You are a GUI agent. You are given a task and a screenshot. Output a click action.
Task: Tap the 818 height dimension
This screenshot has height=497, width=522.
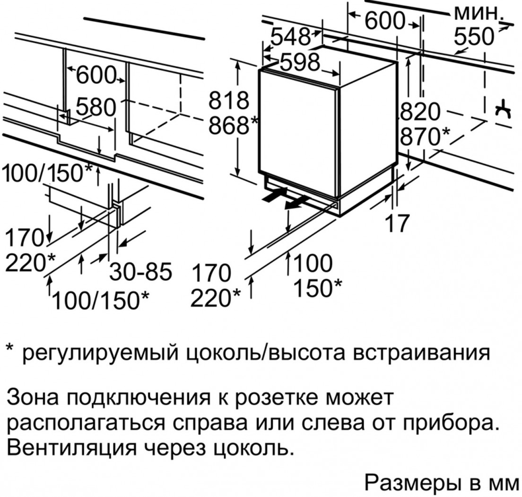pyautogui.click(x=229, y=101)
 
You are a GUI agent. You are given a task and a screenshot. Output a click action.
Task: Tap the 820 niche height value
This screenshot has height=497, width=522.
pyautogui.click(x=420, y=113)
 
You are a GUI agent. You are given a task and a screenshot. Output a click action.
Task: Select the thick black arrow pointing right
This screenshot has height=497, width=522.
pyautogui.click(x=274, y=194)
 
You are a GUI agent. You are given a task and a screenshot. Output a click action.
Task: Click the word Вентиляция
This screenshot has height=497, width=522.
pyautogui.click(x=61, y=447)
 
